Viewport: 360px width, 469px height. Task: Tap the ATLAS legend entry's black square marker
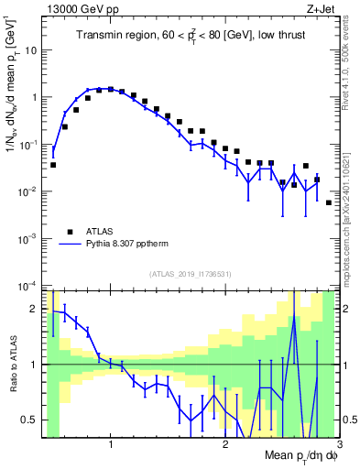pos(68,232)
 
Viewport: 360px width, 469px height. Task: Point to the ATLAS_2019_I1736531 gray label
pos(191,274)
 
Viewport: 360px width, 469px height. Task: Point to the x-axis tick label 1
pos(111,444)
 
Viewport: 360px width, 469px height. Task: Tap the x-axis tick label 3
pos(336,444)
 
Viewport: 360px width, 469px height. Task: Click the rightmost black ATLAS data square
pos(329,202)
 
